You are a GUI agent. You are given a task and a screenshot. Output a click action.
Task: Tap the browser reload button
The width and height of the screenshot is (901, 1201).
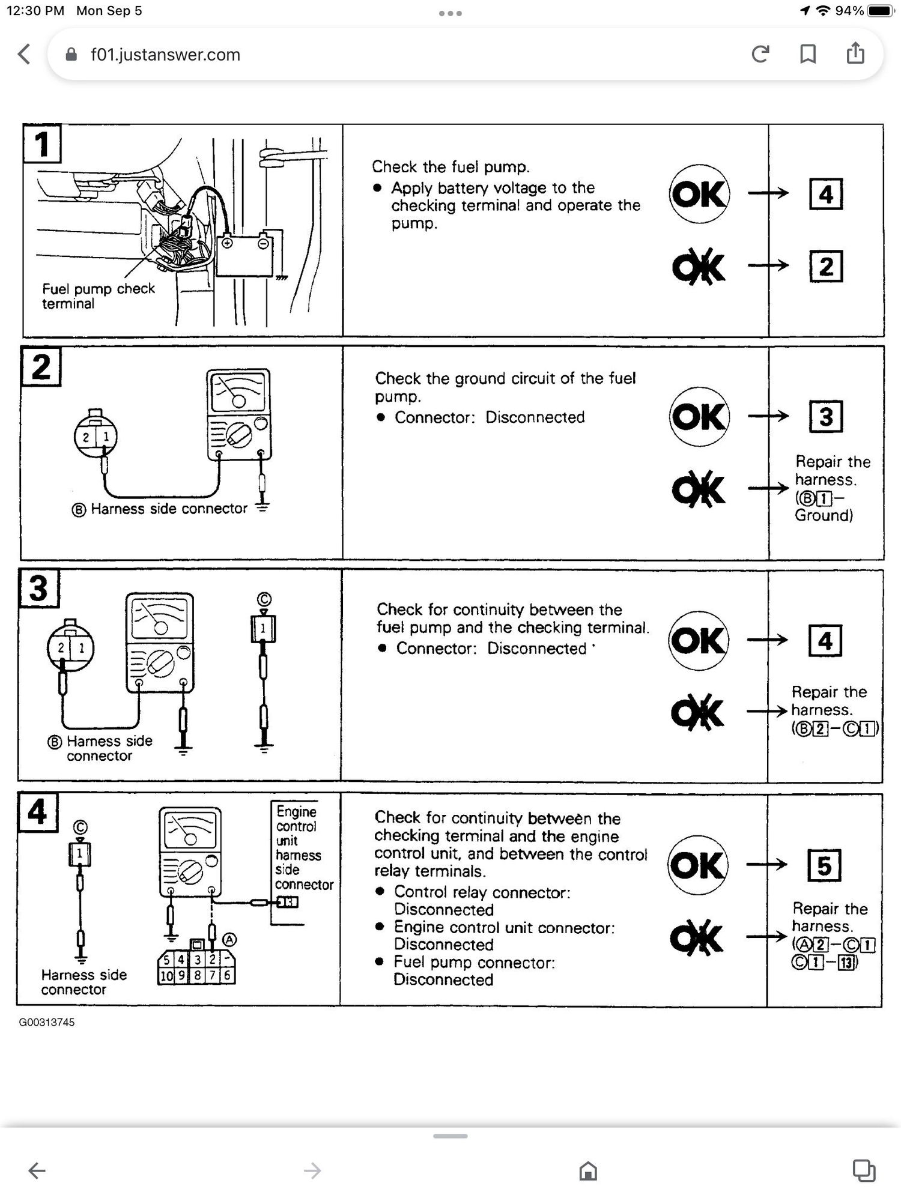point(760,55)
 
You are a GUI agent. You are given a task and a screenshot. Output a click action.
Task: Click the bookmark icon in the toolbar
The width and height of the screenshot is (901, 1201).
point(808,55)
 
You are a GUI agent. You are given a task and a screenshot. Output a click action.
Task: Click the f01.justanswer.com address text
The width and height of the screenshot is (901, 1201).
point(165,55)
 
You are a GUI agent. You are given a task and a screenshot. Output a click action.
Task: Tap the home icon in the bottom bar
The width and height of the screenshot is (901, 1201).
point(588,1170)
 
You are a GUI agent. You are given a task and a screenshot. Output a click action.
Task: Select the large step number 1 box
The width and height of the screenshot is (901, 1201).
point(41,144)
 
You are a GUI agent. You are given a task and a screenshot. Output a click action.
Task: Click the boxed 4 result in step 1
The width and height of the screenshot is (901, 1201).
point(826,194)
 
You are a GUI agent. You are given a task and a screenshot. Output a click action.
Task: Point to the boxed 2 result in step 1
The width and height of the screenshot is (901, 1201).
point(826,267)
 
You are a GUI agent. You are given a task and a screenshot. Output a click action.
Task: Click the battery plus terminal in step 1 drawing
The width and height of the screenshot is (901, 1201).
point(227,243)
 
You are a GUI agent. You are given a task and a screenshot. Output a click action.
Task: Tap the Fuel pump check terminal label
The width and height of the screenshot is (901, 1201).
point(98,296)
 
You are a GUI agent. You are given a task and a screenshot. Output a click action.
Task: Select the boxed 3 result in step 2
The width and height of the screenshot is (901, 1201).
point(826,417)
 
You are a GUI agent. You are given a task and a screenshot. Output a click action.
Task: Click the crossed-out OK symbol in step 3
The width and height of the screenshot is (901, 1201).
point(697,713)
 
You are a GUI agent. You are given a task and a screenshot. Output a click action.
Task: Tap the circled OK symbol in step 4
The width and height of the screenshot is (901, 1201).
point(697,865)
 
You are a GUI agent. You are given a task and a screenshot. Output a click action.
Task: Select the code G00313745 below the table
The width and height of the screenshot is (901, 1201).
point(47,1023)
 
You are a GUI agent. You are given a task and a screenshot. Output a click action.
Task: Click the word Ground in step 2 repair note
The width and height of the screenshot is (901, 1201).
point(823,515)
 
